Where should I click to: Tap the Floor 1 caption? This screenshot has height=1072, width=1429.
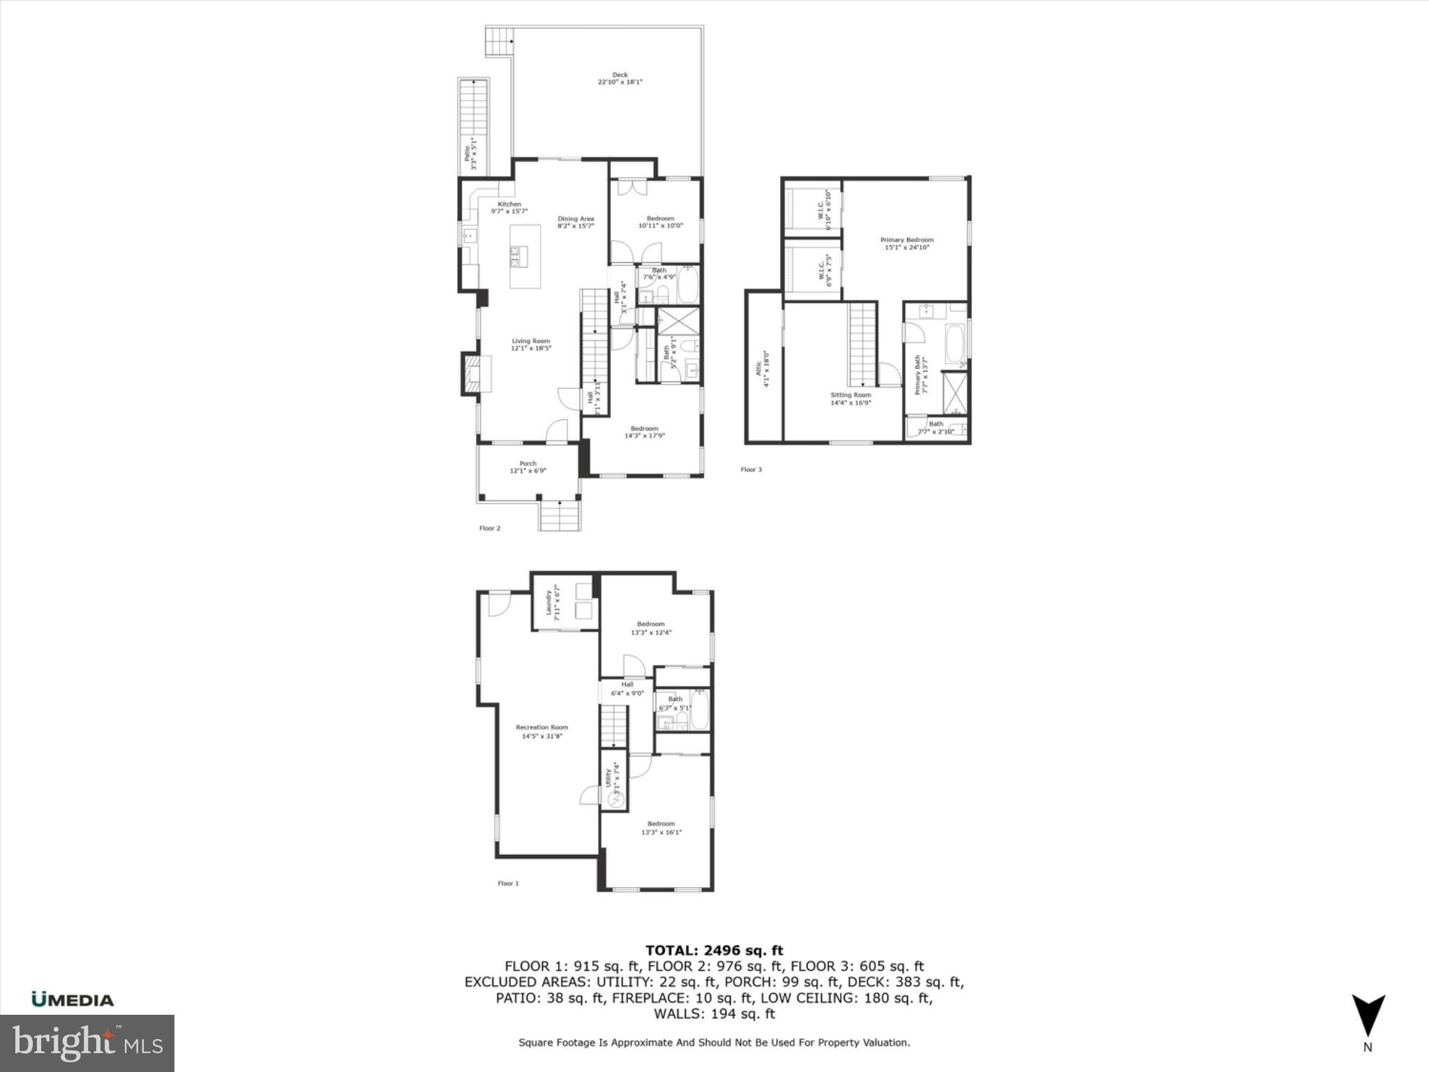[508, 883]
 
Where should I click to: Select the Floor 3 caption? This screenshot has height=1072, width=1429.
[751, 470]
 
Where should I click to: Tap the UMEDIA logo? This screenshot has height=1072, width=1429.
[73, 999]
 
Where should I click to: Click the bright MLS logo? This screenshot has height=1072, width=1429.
[87, 1043]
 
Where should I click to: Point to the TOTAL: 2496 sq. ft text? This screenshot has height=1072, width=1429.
[714, 950]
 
